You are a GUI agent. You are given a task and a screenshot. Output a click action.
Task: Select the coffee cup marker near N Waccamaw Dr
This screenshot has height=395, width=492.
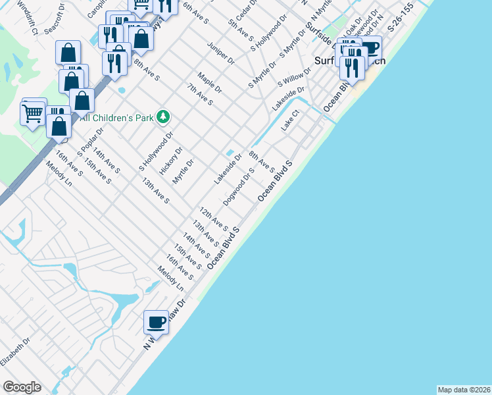(156, 322)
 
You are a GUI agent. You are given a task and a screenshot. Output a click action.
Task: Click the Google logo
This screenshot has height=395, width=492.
(22, 387)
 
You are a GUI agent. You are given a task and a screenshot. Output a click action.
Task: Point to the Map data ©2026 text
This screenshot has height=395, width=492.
(464, 389)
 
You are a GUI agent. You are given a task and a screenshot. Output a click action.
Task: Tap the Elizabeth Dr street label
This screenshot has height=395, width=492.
(16, 353)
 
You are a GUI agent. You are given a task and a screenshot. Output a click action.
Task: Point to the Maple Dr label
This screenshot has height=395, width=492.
(210, 83)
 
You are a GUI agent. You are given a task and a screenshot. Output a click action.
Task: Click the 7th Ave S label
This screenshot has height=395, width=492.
(200, 94)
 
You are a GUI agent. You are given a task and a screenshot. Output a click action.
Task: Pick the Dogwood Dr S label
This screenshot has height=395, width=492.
(239, 186)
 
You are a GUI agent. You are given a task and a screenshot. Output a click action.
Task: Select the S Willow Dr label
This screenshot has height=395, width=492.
(293, 77)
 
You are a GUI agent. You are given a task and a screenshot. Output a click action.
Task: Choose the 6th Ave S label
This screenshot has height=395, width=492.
(195, 11)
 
